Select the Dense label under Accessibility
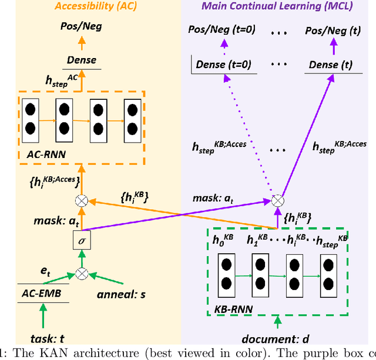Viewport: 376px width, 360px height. [81, 60]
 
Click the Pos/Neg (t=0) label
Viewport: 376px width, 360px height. [220, 29]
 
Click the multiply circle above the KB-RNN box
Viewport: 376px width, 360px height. [277, 200]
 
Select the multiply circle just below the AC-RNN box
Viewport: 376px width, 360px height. [82, 200]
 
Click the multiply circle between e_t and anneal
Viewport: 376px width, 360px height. [82, 272]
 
